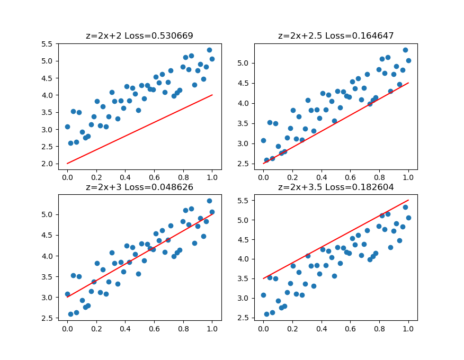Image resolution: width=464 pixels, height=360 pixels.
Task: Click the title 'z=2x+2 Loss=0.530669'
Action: coord(139,36)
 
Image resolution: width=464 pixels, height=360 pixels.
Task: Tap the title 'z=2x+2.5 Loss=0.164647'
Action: coord(336,36)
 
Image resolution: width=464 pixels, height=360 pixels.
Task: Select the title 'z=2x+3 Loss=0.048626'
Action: coord(139,187)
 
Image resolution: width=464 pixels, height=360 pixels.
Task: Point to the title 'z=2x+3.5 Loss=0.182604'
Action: coord(336,187)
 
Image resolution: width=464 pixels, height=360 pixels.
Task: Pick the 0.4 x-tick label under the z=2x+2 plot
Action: coord(125,176)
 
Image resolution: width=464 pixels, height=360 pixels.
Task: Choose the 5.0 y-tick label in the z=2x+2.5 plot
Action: coord(244,63)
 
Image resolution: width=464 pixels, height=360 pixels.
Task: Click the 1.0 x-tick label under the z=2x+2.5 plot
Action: coord(408,176)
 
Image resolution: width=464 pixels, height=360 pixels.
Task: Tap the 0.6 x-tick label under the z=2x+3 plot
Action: coord(154,327)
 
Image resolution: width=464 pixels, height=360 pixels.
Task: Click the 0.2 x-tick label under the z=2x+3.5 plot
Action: coord(292,327)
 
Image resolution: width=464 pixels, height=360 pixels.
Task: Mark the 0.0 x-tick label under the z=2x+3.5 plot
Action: coord(263,327)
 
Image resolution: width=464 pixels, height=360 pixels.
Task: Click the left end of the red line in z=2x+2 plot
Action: coord(67,164)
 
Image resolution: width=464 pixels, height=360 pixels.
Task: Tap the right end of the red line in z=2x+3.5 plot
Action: coord(408,201)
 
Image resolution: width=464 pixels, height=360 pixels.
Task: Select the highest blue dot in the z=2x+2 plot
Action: coord(209,50)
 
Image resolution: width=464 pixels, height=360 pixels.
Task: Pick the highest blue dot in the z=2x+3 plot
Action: coord(209,201)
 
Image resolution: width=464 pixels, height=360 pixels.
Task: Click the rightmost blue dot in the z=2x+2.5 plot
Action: coord(408,60)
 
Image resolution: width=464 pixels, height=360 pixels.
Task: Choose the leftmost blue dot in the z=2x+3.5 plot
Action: coord(263,295)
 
